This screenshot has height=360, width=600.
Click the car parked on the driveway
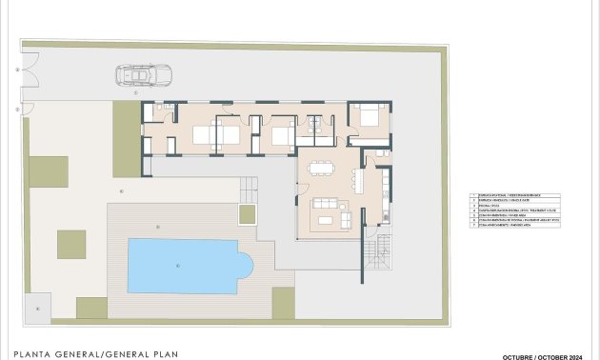click(x=139, y=74)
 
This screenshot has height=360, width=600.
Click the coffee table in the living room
click(x=326, y=220)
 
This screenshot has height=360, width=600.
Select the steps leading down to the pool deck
click(x=248, y=186)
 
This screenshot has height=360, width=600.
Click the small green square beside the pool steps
click(x=248, y=213)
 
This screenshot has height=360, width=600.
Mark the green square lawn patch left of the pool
click(x=71, y=244)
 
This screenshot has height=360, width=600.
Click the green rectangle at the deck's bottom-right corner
click(x=284, y=302)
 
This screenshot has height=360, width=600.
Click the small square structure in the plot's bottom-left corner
click(x=37, y=308)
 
